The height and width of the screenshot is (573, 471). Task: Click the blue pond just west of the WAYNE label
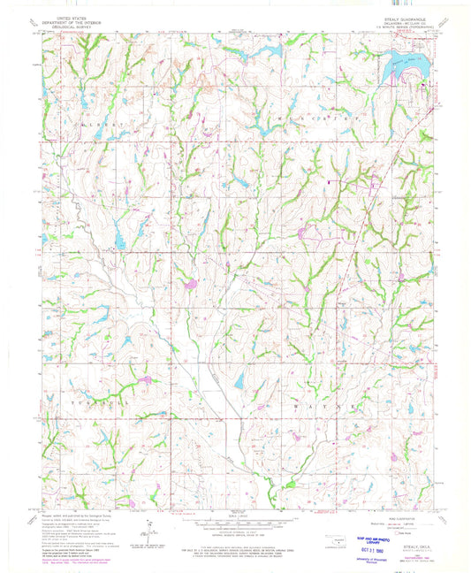(239, 382)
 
